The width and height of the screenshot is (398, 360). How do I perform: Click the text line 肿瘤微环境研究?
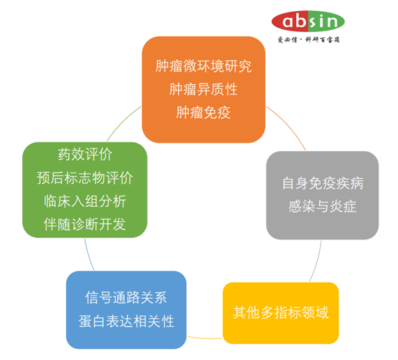point(204,68)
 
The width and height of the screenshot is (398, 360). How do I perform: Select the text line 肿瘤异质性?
point(204,89)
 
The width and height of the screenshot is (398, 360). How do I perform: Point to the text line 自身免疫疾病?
point(323,184)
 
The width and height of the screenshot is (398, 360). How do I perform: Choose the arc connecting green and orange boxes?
point(122,118)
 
